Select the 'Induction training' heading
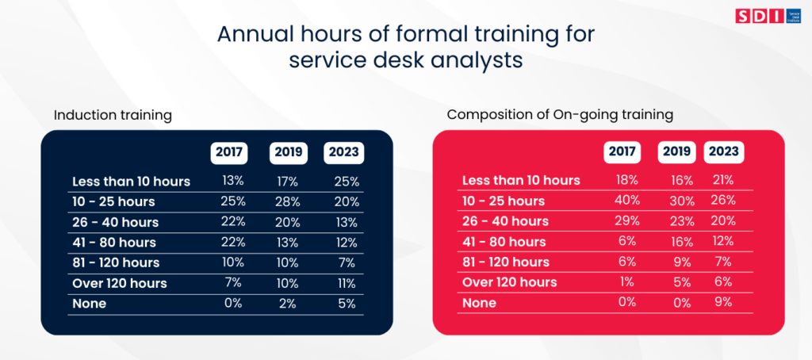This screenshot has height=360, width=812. (113, 115)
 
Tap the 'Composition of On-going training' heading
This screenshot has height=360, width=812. (560, 115)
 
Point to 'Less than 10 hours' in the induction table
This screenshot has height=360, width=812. (131, 181)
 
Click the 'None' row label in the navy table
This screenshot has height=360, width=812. (89, 303)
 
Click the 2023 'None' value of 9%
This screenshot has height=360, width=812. (722, 302)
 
